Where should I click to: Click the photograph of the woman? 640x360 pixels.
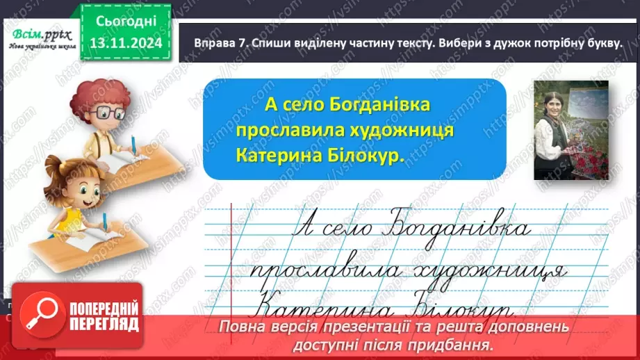click(x=571, y=130)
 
